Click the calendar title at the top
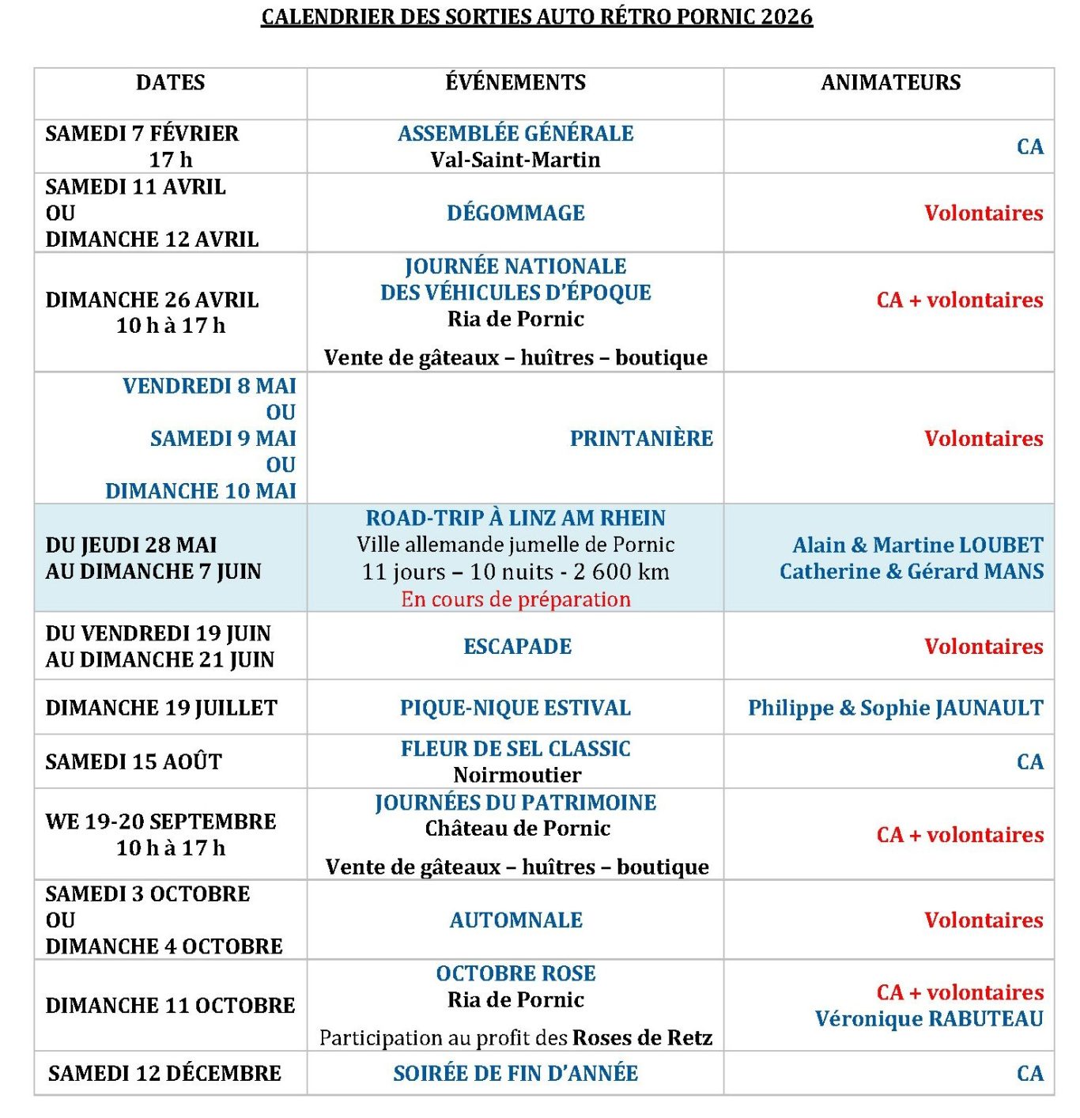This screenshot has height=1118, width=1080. (537, 17)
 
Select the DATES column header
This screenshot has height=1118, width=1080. (170, 82)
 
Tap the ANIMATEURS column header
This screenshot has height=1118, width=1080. (890, 82)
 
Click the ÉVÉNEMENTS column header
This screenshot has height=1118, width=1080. (515, 82)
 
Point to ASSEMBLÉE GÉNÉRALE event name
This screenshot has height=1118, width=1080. (515, 133)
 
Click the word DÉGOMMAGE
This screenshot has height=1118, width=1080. (515, 213)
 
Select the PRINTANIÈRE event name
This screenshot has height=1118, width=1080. (641, 438)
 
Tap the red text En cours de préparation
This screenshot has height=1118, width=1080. (515, 599)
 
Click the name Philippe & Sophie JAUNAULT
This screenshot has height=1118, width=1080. (895, 708)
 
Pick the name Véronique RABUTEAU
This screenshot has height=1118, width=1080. (929, 1018)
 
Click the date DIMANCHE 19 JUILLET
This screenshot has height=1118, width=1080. (161, 708)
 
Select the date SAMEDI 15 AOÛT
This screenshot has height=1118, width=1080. (134, 761)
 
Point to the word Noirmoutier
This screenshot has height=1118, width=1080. (517, 775)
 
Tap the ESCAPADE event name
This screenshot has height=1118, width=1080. (517, 646)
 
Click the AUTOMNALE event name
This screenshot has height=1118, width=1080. (515, 920)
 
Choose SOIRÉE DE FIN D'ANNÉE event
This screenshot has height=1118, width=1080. (515, 1073)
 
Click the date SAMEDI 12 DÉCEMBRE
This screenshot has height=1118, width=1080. (164, 1073)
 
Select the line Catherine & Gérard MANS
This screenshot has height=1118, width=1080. (911, 571)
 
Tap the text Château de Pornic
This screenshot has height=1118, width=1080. (517, 828)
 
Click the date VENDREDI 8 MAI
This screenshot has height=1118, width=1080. (209, 386)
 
